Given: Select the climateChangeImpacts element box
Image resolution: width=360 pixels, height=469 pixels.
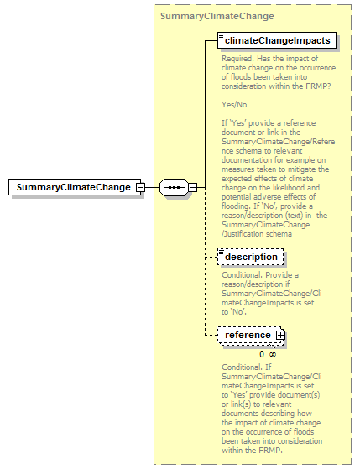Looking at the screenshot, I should [x=278, y=39].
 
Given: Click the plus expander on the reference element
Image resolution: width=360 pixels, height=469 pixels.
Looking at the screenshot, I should [x=281, y=336].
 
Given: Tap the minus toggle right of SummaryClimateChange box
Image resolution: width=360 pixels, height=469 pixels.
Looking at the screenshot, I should [x=140, y=187].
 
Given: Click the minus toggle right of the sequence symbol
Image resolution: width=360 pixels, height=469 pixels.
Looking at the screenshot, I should [x=192, y=187].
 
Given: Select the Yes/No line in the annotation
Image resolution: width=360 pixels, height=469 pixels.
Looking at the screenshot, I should [x=235, y=105].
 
